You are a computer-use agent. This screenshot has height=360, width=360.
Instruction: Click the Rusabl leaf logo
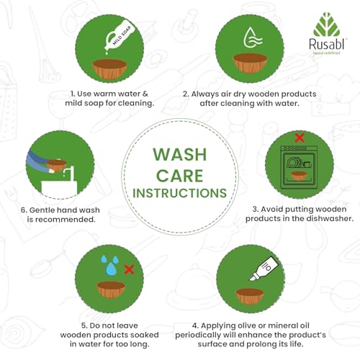pyautogui.click(x=326, y=24)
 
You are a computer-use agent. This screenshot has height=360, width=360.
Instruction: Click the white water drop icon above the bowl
pyautogui.click(x=252, y=37)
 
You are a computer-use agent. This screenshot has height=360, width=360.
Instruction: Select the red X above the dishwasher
pyautogui.click(x=300, y=138)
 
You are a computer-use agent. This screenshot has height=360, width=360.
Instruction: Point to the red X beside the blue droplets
pyautogui.click(x=129, y=269)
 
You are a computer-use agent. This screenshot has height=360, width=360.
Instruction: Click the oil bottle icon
pyautogui.click(x=264, y=268)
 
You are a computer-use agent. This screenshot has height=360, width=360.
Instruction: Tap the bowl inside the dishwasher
pyautogui.click(x=298, y=176)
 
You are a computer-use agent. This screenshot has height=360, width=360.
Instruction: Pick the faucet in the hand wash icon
pyautogui.click(x=67, y=173)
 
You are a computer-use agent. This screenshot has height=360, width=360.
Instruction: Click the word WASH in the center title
pyautogui.click(x=180, y=154)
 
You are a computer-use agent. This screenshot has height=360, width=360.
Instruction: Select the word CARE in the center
pyautogui.click(x=180, y=176)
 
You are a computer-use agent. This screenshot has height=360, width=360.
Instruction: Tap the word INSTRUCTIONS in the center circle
pyautogui.click(x=180, y=193)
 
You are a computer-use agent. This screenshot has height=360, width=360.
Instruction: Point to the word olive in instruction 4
pyautogui.click(x=246, y=325)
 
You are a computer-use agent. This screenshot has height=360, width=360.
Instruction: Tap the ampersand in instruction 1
pyautogui.click(x=145, y=94)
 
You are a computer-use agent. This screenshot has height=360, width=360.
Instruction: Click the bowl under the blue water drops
pyautogui.click(x=111, y=289)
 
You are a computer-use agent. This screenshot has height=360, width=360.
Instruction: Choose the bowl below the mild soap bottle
pyautogui.click(x=109, y=68)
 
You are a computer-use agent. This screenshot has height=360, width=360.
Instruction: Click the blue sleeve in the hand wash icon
pyautogui.click(x=38, y=161)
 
